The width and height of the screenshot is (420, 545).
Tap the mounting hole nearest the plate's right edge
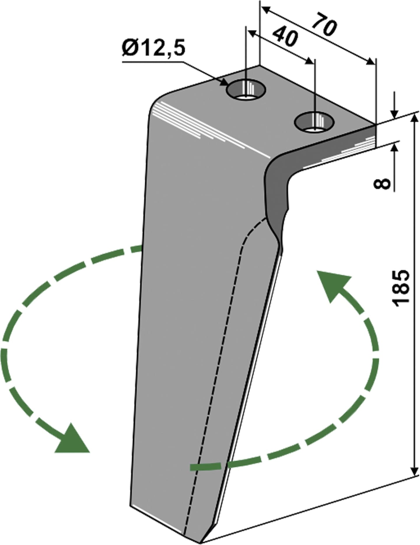point(314,122)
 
